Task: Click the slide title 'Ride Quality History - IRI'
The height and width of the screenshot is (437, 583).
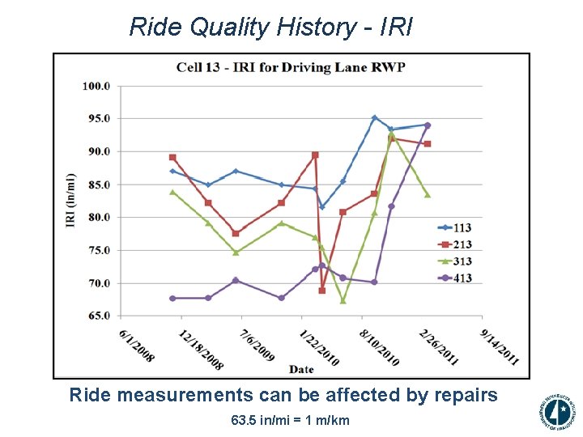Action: click(270, 27)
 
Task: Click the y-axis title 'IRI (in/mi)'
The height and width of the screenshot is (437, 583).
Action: click(70, 201)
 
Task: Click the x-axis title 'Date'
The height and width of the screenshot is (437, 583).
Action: click(301, 370)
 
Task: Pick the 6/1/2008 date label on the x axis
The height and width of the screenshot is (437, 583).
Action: click(137, 344)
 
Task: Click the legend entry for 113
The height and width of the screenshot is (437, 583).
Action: click(457, 228)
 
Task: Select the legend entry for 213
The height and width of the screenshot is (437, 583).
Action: click(457, 245)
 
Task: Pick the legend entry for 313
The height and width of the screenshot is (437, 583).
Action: click(457, 261)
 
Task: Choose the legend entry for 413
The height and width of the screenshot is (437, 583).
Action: click(457, 278)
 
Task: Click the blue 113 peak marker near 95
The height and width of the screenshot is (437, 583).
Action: click(374, 117)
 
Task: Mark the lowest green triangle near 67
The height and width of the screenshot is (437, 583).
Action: click(343, 300)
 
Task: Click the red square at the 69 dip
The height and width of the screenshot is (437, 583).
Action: click(321, 290)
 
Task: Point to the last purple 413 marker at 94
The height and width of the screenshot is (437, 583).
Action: click(428, 125)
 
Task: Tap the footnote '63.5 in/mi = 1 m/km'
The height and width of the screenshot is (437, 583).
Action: click(290, 421)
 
